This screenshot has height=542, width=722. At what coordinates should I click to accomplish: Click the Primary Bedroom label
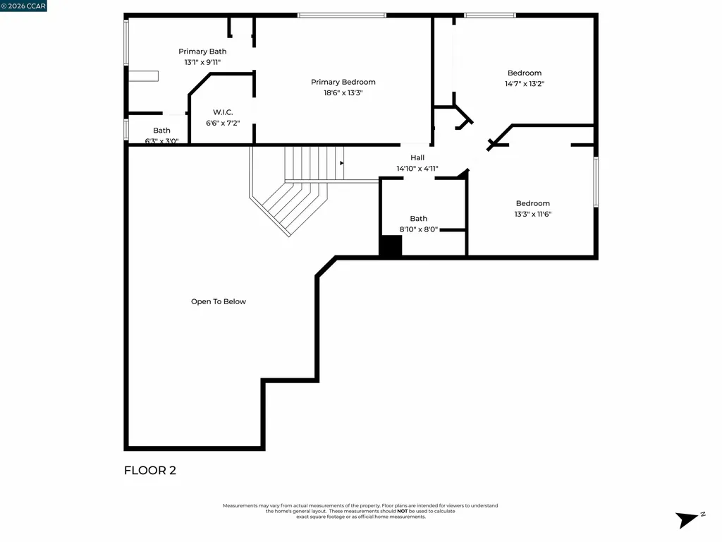[x=343, y=82]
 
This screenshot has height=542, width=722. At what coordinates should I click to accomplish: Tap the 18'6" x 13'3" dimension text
[x=343, y=92]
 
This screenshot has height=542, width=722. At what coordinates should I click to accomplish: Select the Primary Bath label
[x=202, y=52]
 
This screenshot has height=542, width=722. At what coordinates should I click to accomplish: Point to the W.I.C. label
[x=223, y=112]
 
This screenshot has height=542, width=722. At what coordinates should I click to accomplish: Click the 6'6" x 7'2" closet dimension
[x=223, y=123]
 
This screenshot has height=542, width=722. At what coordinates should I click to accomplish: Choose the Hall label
[x=417, y=158]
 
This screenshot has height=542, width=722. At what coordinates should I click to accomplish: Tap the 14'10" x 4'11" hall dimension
[x=417, y=169]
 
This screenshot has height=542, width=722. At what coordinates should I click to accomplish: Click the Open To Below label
[x=219, y=301]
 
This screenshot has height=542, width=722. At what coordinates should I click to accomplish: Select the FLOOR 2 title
[x=150, y=471]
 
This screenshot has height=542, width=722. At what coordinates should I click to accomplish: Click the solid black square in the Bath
[x=391, y=246]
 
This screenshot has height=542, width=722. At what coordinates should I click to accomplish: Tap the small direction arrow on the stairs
[x=342, y=163]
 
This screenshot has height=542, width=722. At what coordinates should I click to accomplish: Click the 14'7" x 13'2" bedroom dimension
[x=525, y=83]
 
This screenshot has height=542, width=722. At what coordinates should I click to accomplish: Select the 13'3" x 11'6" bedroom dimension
[x=532, y=214]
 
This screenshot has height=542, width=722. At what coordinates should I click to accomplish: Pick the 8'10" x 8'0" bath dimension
[x=419, y=229]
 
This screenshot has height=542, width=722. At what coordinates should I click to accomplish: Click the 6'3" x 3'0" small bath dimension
[x=161, y=140]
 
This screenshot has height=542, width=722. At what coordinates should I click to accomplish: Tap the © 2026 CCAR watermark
[x=23, y=6]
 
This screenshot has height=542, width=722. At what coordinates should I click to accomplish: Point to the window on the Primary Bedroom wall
[x=342, y=15]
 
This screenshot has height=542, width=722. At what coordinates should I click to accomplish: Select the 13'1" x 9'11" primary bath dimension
[x=202, y=62]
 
